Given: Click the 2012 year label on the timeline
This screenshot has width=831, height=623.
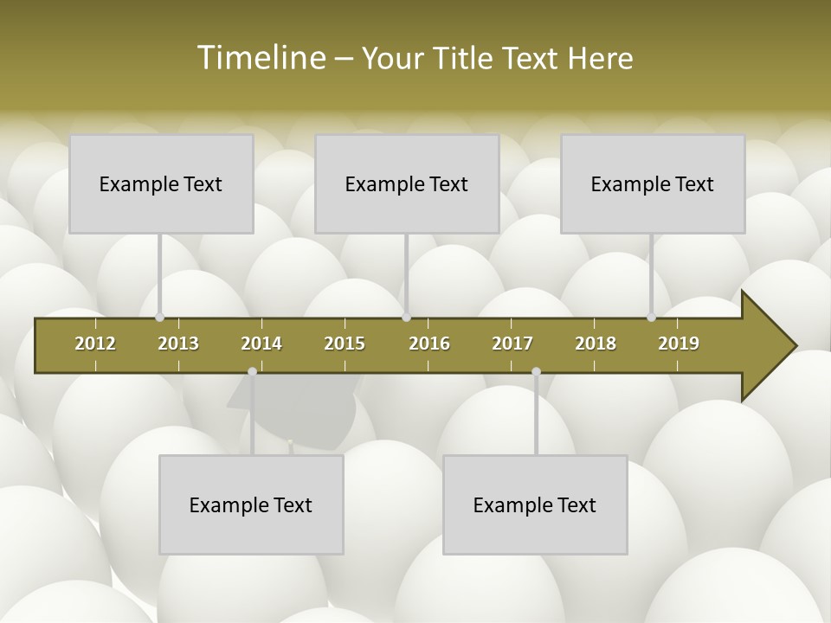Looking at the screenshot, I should click(95, 344).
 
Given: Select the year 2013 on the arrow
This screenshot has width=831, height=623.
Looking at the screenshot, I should click(178, 344).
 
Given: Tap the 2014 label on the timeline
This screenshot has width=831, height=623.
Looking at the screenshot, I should click(261, 344).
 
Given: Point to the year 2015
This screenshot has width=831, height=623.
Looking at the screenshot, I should click(345, 344).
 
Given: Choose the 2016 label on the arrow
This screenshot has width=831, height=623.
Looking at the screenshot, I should click(429, 344).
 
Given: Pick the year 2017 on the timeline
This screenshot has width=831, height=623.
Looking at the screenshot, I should click(512, 344).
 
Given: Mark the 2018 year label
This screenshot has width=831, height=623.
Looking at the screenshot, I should click(596, 344).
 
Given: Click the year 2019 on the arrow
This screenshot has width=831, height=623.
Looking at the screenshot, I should click(679, 344).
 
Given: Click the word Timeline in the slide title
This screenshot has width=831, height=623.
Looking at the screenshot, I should click(260, 58).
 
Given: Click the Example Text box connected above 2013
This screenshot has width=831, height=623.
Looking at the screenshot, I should click(161, 183).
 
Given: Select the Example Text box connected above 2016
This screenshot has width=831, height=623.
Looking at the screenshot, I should click(407, 183).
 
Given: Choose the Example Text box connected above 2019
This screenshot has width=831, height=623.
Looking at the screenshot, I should click(653, 183).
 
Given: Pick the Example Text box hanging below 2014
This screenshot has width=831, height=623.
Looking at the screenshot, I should click(251, 504).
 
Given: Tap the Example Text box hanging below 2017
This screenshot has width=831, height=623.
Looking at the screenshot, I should click(535, 504).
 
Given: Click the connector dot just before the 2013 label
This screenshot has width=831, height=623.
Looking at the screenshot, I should click(159, 318).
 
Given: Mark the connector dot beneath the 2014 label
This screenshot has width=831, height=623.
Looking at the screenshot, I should click(252, 371).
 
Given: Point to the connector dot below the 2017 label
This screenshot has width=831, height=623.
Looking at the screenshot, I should click(536, 371).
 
